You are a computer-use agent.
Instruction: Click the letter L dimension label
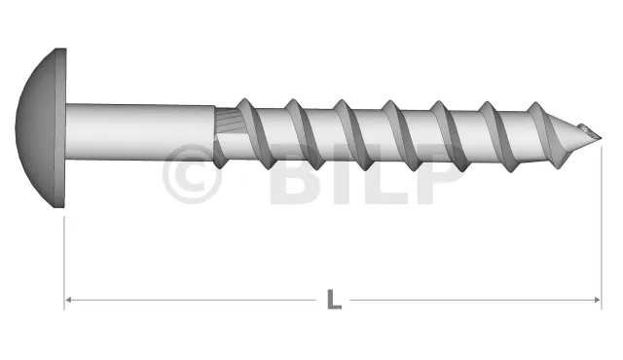tap(334, 300)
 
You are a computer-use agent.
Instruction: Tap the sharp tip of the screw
tap(602, 138)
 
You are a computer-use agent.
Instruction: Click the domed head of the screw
tap(36, 127)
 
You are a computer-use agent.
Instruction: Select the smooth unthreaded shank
tap(140, 131)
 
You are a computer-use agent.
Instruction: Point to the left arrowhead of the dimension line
tap(67, 300)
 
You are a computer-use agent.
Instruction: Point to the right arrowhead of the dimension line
tap(597, 300)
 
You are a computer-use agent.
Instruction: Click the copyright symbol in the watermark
tap(192, 174)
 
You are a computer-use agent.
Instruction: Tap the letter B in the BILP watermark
tap(296, 174)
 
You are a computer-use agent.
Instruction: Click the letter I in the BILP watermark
tap(341, 174)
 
